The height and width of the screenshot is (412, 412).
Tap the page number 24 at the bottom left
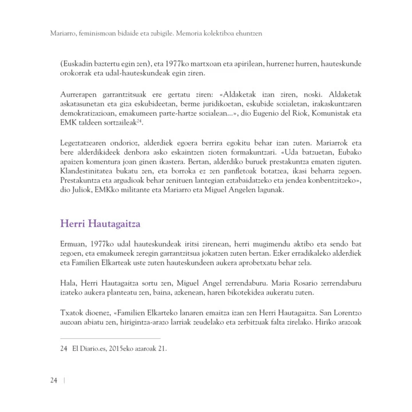point(53,381)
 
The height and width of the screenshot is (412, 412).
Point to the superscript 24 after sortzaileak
point(139,121)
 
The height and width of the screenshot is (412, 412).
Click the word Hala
point(69,282)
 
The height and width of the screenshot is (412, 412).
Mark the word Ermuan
point(74,242)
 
